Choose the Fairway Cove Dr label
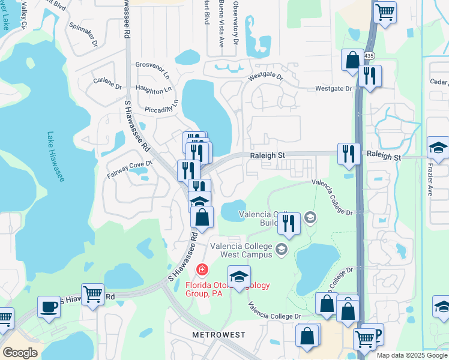[x=130, y=168]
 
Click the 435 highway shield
[x=369, y=55]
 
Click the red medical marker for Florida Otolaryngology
[x=201, y=269]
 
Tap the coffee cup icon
[x=48, y=306]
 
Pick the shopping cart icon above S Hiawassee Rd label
[x=92, y=294]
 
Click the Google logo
[x=20, y=353]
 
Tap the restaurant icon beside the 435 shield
[x=369, y=76]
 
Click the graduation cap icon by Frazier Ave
[x=438, y=148]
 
